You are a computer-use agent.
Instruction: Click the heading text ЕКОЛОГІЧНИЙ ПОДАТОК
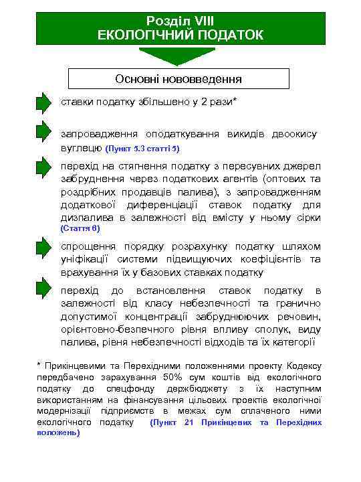(180, 34)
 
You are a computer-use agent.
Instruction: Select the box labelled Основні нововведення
(178, 79)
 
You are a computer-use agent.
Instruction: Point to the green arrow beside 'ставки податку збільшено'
(43, 103)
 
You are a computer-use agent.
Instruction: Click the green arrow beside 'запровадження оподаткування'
(43, 133)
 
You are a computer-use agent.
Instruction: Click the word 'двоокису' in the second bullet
(293, 134)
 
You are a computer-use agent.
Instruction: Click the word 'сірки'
(307, 218)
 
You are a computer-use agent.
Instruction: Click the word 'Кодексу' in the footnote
(304, 366)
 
